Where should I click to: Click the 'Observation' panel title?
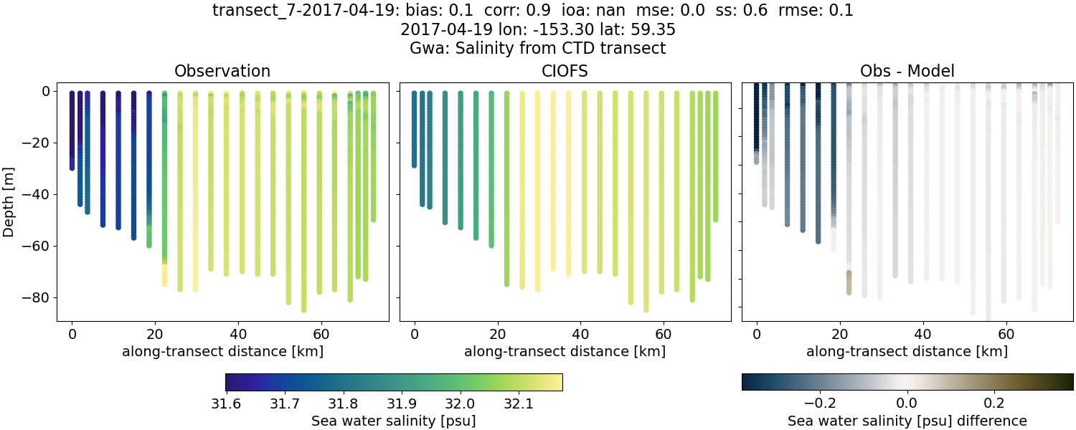[222, 71]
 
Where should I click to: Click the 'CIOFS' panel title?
[565, 71]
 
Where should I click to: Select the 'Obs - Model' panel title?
[907, 71]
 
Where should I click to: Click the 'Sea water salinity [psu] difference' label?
[907, 421]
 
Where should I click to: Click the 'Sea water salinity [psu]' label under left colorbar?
[393, 421]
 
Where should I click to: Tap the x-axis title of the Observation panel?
[222, 351]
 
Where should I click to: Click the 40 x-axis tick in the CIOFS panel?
[580, 334]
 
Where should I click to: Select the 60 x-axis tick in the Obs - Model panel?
[1006, 334]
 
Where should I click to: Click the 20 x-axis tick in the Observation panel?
[155, 334]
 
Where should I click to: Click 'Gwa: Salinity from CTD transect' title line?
[537, 49]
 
